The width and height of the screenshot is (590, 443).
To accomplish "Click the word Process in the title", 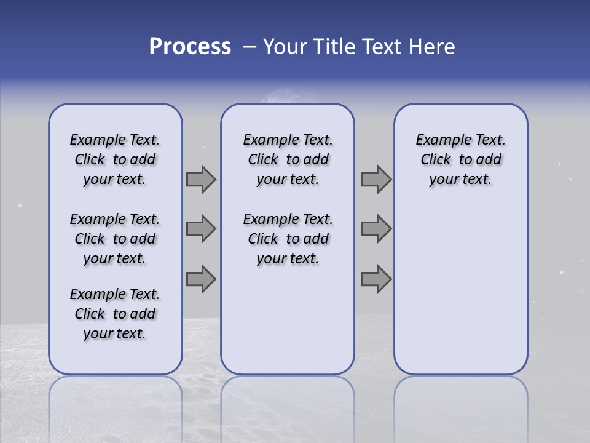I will (x=190, y=47).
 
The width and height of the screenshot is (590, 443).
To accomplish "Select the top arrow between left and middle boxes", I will (x=200, y=179).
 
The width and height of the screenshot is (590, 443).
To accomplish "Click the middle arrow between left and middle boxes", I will (x=200, y=229).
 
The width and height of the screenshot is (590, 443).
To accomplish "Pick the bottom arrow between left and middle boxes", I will (x=200, y=279).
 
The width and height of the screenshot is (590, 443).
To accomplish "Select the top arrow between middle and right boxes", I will (x=376, y=179).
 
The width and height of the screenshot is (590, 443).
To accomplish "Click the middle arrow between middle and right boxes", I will (x=376, y=229).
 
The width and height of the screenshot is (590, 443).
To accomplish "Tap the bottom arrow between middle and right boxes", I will (x=376, y=279).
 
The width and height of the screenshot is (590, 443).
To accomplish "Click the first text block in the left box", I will (x=115, y=159).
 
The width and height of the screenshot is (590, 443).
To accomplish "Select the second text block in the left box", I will (x=115, y=239).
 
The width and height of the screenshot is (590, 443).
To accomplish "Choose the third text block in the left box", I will (x=115, y=314).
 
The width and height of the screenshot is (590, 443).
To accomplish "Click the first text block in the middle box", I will (x=288, y=159).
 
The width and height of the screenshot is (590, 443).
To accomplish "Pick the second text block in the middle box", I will (x=288, y=239).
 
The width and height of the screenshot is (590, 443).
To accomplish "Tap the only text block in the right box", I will (x=460, y=159).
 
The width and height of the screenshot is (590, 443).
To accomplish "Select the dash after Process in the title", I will (x=250, y=47).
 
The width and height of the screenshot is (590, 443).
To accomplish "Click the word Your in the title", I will (x=285, y=47).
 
